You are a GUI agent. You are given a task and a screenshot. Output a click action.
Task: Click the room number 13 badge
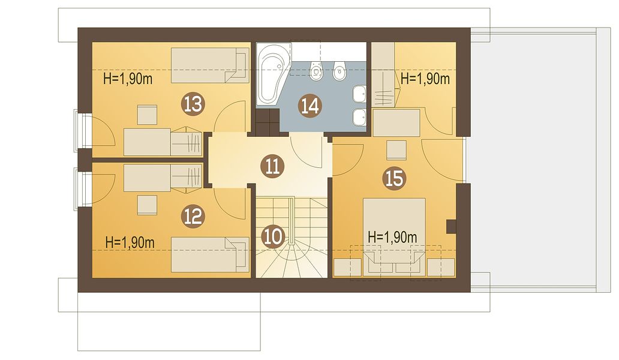tap(193, 104)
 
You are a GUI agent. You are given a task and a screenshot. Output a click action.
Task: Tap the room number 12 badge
tap(193, 217)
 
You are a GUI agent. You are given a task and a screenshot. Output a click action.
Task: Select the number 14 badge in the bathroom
tap(310, 106)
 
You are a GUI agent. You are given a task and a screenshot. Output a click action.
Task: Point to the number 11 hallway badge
tap(272, 166)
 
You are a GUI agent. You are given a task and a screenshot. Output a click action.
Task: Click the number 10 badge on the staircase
tap(273, 236)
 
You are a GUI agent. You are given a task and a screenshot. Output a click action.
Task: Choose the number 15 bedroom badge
tap(395, 178)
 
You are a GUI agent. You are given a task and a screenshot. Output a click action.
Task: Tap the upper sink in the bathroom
tap(359, 94)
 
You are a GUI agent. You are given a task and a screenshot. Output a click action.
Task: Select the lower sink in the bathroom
tap(359, 117)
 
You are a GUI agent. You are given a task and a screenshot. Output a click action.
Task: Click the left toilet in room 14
tap(316, 71)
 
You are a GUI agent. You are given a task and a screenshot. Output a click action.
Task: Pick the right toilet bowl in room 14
tap(339, 71)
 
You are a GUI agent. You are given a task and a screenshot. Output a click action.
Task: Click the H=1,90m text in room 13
tap(128, 79)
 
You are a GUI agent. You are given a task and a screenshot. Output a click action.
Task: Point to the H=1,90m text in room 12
tap(130, 242)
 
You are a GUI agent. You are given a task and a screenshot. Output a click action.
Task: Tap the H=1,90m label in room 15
tap(392, 237)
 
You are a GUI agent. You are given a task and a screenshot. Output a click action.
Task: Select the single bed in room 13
tap(210, 65)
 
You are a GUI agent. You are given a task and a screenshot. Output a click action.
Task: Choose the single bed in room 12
tap(210, 254)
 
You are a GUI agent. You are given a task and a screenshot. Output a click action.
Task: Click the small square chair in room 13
tap(147, 115)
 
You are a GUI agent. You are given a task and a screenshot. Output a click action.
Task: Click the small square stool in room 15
tap(396, 150)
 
